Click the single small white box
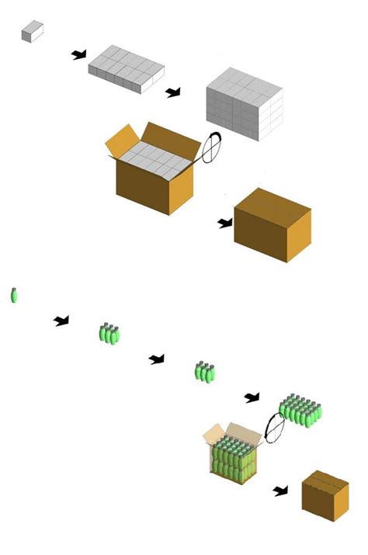pos(32,32)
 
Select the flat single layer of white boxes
pos(125,71)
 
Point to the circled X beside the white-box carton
pos(211,147)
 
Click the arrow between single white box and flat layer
pos(78,54)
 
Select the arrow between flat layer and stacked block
pos(172,92)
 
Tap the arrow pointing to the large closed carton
pos(225,224)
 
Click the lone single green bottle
pos(14,295)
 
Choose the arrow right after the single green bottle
pos(61,321)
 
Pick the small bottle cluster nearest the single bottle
pos(109,334)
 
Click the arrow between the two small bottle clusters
pos(157,359)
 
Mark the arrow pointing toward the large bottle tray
pos(252,397)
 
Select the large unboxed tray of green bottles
pos(300,409)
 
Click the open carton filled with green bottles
pos(231,457)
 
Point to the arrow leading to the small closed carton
pos(281,491)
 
